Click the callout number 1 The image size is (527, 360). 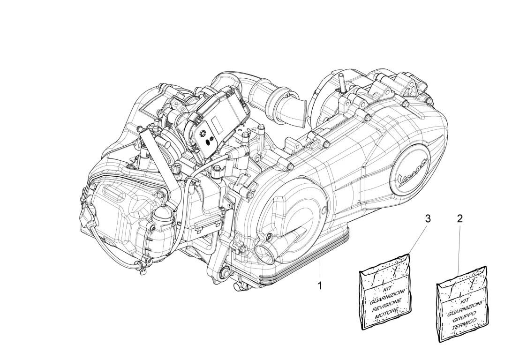click(x=320, y=285)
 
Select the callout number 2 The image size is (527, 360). click(x=459, y=218)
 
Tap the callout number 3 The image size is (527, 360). click(x=427, y=218)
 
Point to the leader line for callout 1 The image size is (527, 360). click(x=320, y=268)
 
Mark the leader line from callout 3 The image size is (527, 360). click(x=417, y=239)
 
